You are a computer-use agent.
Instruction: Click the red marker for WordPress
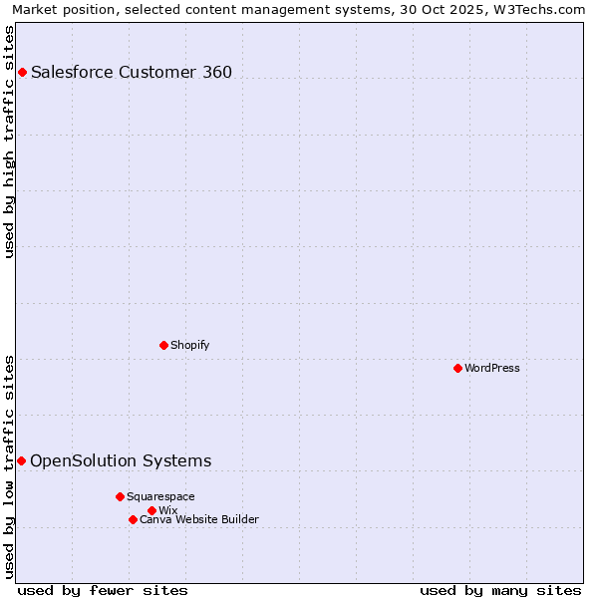click(x=457, y=368)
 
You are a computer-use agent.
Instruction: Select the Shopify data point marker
click(x=163, y=345)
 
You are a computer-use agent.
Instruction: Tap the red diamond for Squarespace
click(x=120, y=496)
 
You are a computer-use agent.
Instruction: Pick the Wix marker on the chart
click(x=151, y=510)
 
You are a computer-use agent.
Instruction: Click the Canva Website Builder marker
click(x=133, y=519)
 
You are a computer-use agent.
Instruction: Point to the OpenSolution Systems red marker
click(x=21, y=460)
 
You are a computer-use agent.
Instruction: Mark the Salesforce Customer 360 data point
click(x=22, y=72)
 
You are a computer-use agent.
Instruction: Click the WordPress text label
click(x=492, y=368)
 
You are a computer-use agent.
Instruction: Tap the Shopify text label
click(x=189, y=345)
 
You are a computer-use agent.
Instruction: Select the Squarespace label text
click(x=160, y=496)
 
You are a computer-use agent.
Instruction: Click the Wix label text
click(x=167, y=510)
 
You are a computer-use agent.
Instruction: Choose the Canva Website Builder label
click(x=199, y=519)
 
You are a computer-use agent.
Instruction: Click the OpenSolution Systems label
click(x=121, y=460)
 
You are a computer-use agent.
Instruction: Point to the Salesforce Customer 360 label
click(x=132, y=72)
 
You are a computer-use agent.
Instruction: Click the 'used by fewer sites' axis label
click(x=103, y=590)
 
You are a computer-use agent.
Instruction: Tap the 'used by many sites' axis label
click(x=500, y=590)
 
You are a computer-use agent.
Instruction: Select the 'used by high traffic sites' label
click(x=10, y=142)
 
